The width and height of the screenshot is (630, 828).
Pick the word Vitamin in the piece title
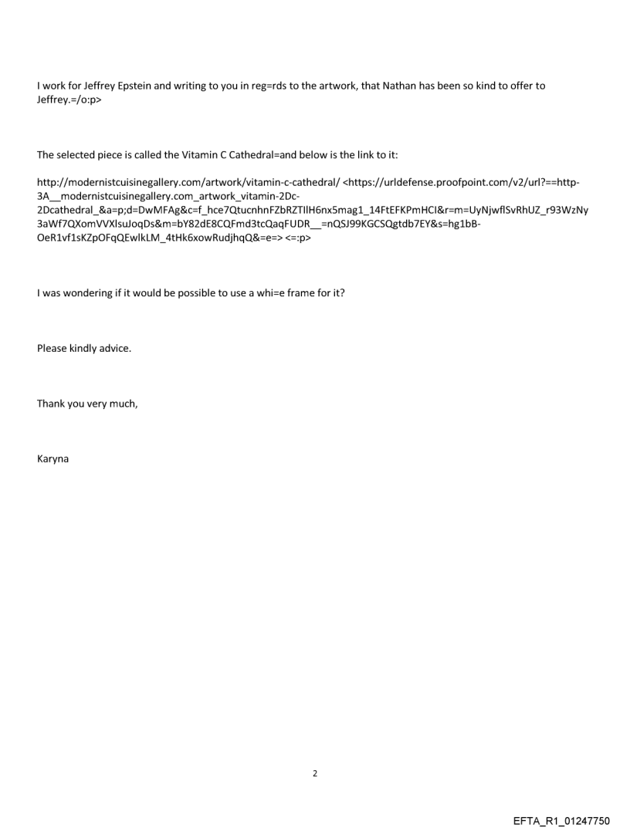point(185,155)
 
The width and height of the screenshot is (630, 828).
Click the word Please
point(52,348)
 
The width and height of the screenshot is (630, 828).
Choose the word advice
point(115,348)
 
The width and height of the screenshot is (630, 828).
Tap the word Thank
point(52,402)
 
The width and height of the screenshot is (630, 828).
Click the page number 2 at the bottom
point(314,773)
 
